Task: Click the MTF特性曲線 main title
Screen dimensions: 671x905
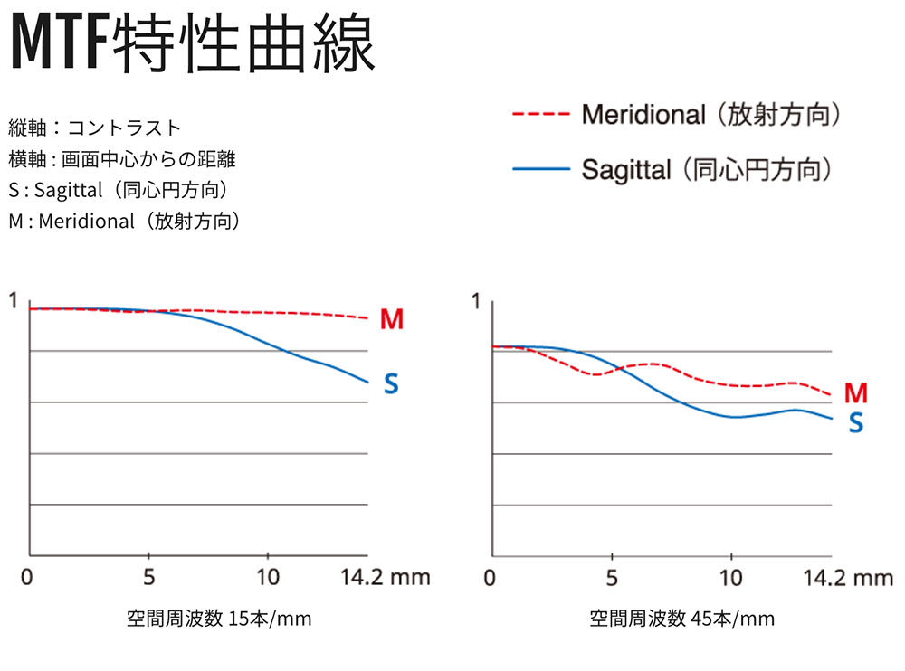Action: click(x=191, y=43)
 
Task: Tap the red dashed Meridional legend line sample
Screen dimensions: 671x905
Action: click(x=540, y=116)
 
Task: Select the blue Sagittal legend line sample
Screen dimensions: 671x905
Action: click(x=540, y=169)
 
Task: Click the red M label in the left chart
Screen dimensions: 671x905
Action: click(x=391, y=319)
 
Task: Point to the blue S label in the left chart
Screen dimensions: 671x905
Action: click(x=391, y=384)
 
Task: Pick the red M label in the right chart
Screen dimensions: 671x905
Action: click(x=855, y=393)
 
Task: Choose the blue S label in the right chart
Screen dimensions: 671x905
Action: click(x=855, y=422)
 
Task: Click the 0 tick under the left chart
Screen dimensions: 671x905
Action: click(x=27, y=576)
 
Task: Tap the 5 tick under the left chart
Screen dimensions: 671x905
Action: click(x=148, y=576)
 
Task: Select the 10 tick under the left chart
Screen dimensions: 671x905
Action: click(x=267, y=576)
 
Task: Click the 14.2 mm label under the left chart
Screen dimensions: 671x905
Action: click(x=386, y=576)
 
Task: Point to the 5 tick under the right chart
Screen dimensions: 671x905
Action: click(x=612, y=576)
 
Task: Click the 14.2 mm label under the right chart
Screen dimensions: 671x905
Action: click(x=849, y=576)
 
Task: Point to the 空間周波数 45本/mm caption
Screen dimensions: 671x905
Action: click(x=682, y=619)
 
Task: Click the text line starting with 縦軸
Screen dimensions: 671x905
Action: click(x=95, y=127)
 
